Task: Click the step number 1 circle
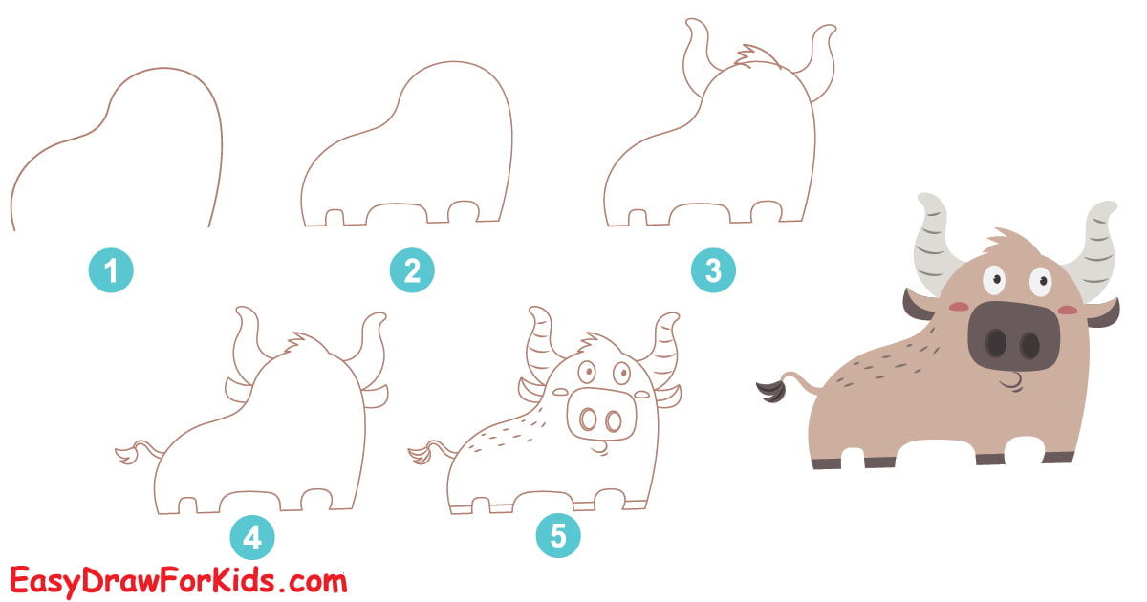click(111, 271)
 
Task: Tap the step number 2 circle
click(412, 271)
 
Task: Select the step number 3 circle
click(713, 271)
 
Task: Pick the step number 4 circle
click(251, 538)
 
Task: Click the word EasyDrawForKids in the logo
click(143, 579)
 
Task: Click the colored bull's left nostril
click(996, 343)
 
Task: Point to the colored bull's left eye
click(996, 278)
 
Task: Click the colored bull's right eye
click(1037, 281)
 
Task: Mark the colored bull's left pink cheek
click(961, 307)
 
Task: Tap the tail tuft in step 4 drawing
click(125, 453)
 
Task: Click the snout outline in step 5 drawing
click(599, 417)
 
